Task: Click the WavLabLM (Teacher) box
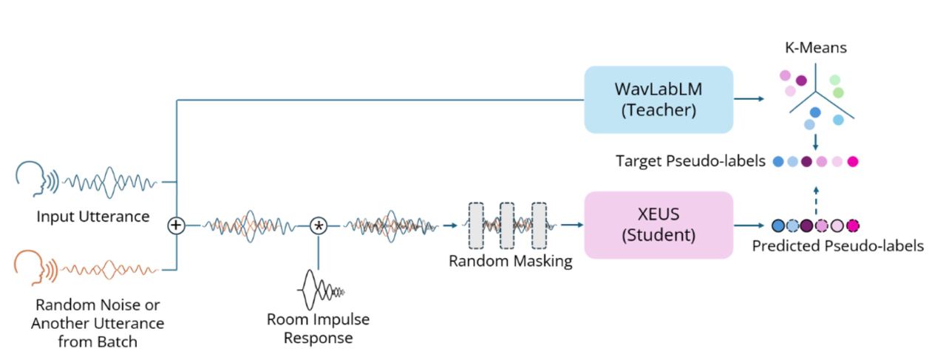[x=658, y=99]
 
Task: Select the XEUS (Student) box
[x=658, y=225]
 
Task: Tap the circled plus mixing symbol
[x=176, y=225]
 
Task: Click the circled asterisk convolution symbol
[x=318, y=225]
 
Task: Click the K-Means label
[x=816, y=49]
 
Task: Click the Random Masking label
[x=510, y=261]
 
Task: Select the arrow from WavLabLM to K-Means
[x=750, y=99]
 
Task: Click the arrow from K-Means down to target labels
[x=815, y=140]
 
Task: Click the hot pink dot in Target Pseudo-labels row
[x=852, y=161]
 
